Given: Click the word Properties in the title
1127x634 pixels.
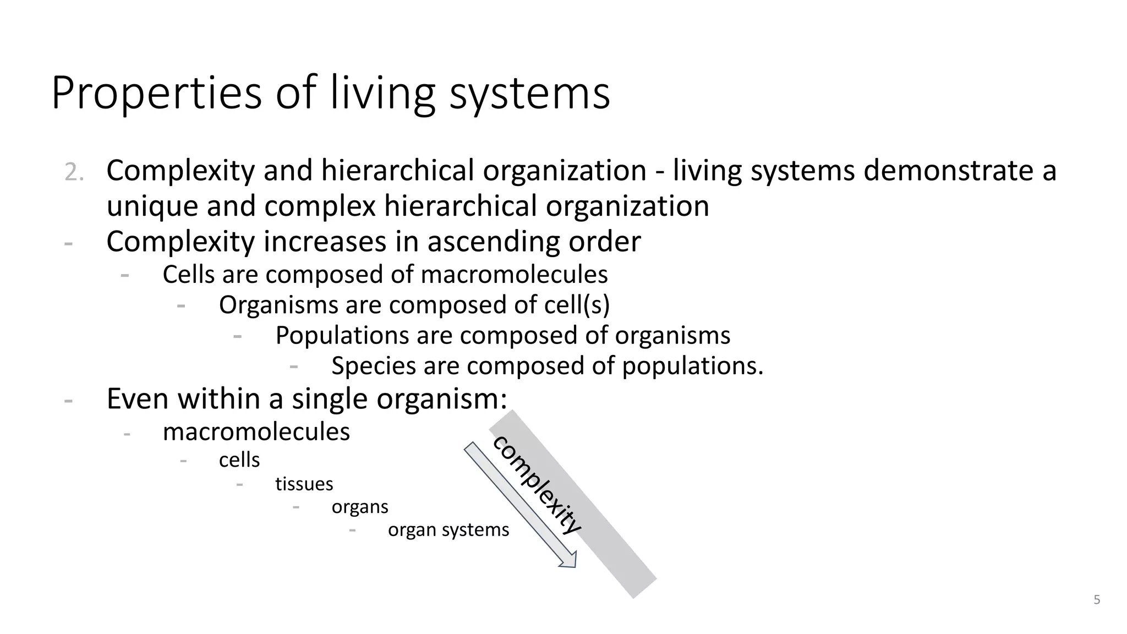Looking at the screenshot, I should point(156,94).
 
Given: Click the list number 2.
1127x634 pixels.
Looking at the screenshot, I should point(74,173).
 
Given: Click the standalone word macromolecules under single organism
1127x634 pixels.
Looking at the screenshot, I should point(256,432).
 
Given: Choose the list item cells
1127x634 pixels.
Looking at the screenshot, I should point(239,460).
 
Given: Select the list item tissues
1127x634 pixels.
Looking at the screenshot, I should point(304,484).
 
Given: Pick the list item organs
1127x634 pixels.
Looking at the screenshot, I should point(360,507).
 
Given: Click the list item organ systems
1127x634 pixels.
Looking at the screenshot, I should point(448,530).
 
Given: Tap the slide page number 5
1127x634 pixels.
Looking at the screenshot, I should point(1097,600).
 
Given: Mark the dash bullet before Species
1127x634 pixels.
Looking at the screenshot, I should point(294,365).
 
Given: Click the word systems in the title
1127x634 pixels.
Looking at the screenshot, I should point(529,94).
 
